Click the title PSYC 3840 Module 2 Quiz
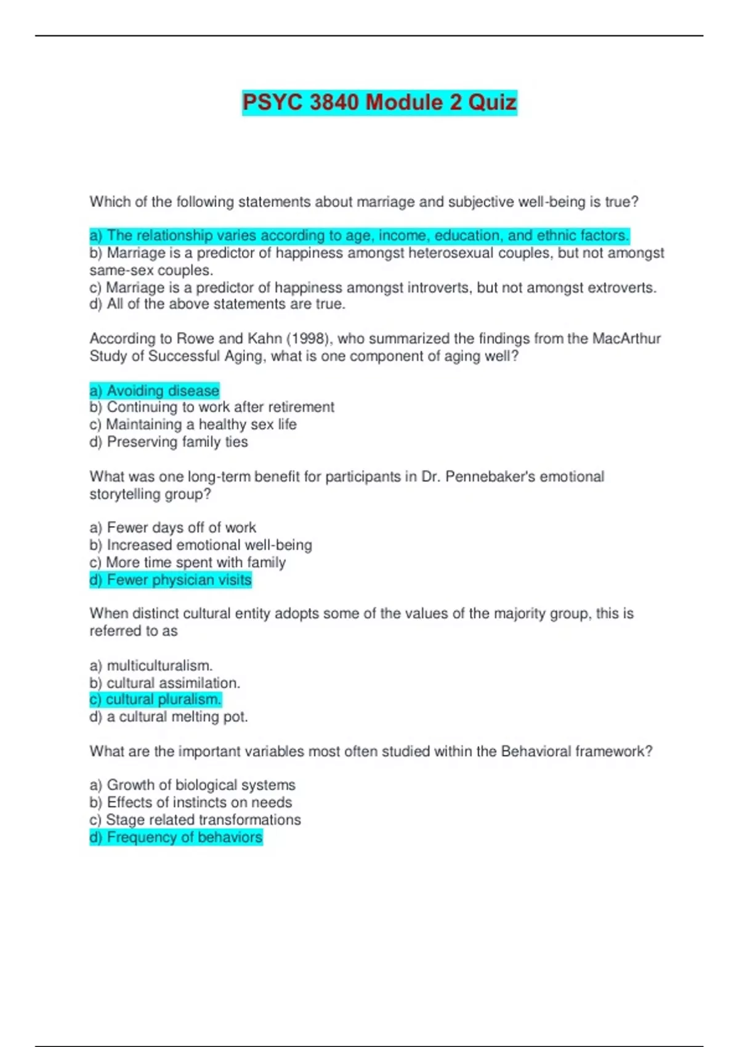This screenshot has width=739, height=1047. tap(379, 102)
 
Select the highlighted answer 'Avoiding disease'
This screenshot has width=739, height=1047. tap(155, 390)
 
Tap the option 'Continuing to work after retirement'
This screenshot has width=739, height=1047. tap(212, 407)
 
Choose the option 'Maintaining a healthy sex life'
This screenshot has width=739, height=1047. tap(193, 424)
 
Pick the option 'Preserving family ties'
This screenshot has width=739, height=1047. tap(169, 442)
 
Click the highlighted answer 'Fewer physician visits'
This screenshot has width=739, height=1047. tap(171, 580)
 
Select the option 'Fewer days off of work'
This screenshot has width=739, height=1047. tap(172, 528)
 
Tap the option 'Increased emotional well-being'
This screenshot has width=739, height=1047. tap(201, 545)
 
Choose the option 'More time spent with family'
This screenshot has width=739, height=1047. tap(188, 562)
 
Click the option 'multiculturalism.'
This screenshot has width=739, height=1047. tap(151, 666)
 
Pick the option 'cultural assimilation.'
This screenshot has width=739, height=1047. tap(164, 683)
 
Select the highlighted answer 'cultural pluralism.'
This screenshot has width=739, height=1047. tap(155, 700)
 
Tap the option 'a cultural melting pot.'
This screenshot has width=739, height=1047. tap(169, 717)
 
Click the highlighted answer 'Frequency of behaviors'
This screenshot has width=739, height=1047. tap(176, 838)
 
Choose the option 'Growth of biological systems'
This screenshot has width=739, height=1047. tap(192, 785)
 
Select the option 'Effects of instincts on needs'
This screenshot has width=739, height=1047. tap(191, 802)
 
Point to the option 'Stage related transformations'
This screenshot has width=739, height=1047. tap(195, 820)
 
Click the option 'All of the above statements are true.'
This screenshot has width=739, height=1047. tap(217, 304)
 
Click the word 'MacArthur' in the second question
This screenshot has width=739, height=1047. tap(626, 339)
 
